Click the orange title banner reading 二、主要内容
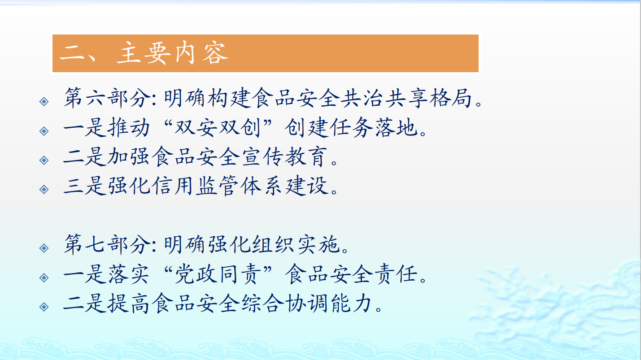265,53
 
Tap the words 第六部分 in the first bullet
107,98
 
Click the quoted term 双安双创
218,127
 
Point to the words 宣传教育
284,157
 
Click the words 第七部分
107,245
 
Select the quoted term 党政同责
218,274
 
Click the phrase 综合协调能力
307,304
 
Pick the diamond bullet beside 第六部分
44,101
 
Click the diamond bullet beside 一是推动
44,131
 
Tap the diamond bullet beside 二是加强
44,160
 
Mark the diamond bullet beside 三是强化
44,189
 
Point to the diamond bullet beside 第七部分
44,248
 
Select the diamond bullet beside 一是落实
44,278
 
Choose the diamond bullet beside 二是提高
44,307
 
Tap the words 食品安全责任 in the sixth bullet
351,274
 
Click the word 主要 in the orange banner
142,53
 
